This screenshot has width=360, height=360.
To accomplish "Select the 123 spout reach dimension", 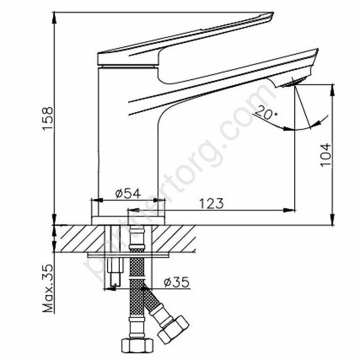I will (x=212, y=203).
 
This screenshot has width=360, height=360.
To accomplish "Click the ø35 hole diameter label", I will (x=174, y=282).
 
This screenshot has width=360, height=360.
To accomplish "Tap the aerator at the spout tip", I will (x=297, y=82).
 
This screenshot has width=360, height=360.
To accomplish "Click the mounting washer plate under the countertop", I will (x=129, y=254).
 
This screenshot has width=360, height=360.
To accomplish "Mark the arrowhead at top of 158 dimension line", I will (x=55, y=15).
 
